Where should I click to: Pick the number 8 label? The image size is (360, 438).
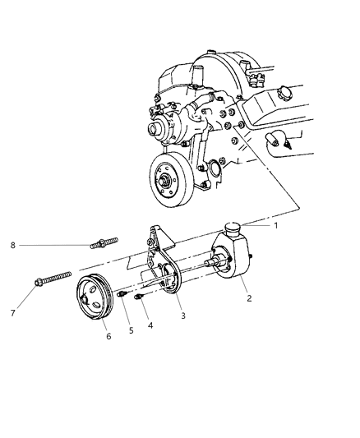[x=13, y=245]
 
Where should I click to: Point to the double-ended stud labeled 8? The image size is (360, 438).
[x=104, y=243]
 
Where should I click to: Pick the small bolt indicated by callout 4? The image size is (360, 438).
[x=141, y=297]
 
